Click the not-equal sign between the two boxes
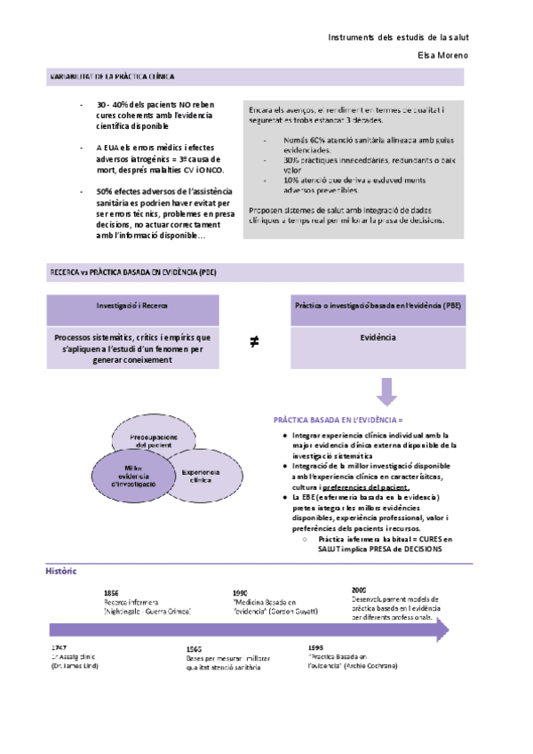[255, 341]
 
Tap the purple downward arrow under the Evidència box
[386, 391]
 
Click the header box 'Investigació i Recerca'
[132, 305]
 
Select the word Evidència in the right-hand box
[378, 338]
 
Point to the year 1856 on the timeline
[112, 592]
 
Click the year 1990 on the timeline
[240, 592]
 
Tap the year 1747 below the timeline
[60, 647]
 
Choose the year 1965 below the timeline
[195, 650]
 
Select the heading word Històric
[61, 571]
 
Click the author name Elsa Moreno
[442, 55]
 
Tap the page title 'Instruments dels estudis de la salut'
[398, 37]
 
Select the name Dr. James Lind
[75, 666]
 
